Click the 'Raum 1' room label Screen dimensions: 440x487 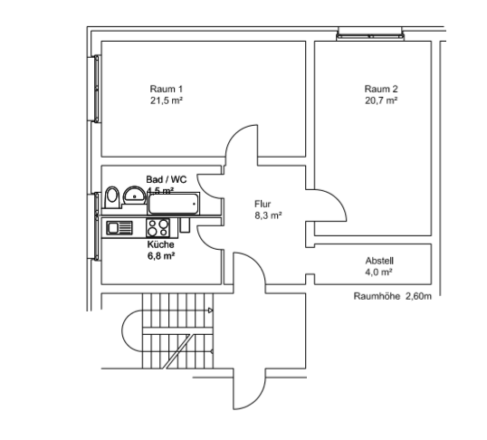167,89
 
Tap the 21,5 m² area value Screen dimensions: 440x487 167,100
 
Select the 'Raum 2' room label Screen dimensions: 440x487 381,89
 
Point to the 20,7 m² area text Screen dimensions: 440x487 381,100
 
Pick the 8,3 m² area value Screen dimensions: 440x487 268,216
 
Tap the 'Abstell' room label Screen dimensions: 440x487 379,260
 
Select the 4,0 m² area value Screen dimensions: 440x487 379,272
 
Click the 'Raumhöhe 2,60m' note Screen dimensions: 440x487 392,296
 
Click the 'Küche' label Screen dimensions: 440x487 160,244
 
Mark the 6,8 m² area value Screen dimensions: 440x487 160,256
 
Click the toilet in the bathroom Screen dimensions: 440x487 112,197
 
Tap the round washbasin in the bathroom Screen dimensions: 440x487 133,193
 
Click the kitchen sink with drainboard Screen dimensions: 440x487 119,228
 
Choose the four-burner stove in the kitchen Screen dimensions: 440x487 158,228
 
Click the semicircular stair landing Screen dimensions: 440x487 127,337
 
